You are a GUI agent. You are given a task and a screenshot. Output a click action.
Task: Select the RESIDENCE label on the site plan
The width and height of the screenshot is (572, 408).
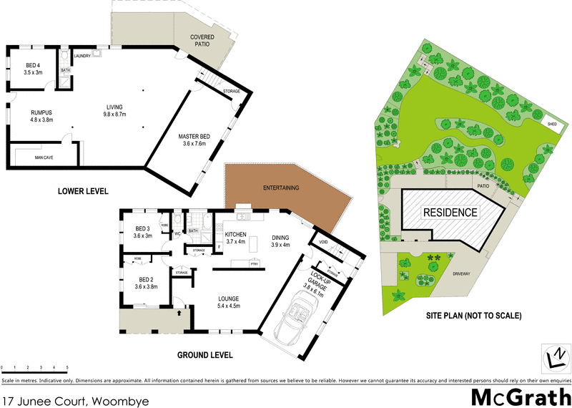[x=450, y=213]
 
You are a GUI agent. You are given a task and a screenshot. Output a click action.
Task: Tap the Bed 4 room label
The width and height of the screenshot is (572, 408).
[x=34, y=69]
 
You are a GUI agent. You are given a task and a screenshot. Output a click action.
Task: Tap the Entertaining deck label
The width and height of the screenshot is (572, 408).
[x=281, y=188]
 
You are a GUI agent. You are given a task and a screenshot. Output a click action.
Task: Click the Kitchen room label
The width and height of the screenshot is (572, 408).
[x=235, y=238]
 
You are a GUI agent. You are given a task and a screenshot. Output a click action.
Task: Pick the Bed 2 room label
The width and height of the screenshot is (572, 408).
[x=145, y=283]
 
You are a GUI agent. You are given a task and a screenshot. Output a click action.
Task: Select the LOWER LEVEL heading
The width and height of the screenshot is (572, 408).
[x=84, y=192]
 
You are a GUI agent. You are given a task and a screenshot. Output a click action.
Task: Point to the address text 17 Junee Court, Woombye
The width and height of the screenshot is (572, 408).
[x=75, y=402]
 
